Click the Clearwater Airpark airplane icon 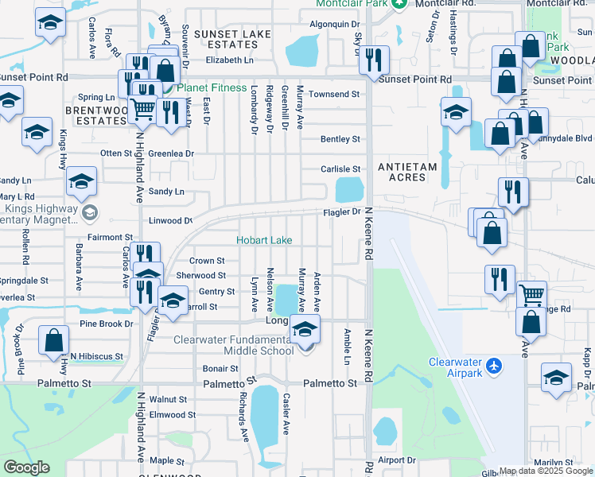pyautogui.click(x=496, y=366)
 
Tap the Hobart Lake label pyautogui.click(x=263, y=240)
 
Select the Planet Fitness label pyautogui.click(x=212, y=87)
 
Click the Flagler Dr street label pyautogui.click(x=341, y=212)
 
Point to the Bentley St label pyautogui.click(x=340, y=139)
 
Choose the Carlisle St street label pyautogui.click(x=340, y=169)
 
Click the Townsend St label pyautogui.click(x=334, y=94)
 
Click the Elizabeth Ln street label pyautogui.click(x=229, y=60)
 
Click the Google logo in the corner pyautogui.click(x=26, y=467)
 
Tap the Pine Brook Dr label pyautogui.click(x=106, y=324)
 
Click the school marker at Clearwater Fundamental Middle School pyautogui.click(x=305, y=330)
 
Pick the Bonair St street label pyautogui.click(x=220, y=369)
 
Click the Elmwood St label pyautogui.click(x=172, y=414)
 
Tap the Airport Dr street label pyautogui.click(x=397, y=460)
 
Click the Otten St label pyautogui.click(x=115, y=153)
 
